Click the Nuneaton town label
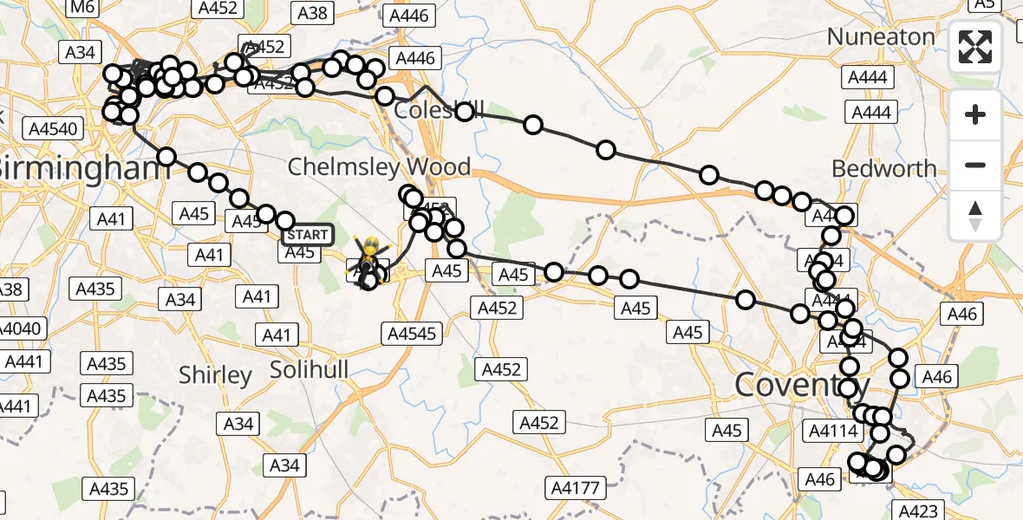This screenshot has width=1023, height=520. click(x=881, y=36)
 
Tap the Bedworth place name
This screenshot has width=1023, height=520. click(x=884, y=168)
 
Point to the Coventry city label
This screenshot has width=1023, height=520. click(x=802, y=384)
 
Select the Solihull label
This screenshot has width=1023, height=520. click(x=309, y=370)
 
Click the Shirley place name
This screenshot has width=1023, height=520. click(x=215, y=375)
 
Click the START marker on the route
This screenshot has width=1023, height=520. click(x=308, y=235)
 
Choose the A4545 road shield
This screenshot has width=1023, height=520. click(x=410, y=333)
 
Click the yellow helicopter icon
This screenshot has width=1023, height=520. click(x=369, y=255)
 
